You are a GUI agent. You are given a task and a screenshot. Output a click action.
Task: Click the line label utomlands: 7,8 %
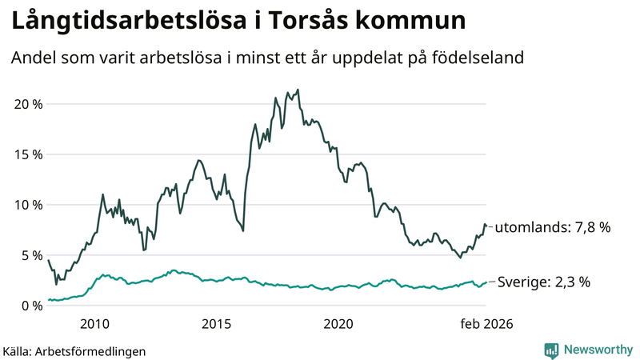[x=553, y=227]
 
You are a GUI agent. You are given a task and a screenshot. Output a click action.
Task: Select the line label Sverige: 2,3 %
[x=544, y=282]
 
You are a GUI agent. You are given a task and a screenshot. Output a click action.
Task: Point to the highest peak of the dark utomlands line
[x=298, y=90]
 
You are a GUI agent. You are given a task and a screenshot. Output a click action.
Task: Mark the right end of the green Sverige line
[x=486, y=282]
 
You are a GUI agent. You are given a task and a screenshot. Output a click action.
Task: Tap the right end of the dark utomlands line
[x=486, y=226]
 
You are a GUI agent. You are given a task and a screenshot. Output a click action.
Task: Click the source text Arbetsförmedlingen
[x=89, y=350]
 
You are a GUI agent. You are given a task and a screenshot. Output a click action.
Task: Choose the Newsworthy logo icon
[x=552, y=350]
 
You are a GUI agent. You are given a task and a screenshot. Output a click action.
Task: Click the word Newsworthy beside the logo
[x=598, y=350]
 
